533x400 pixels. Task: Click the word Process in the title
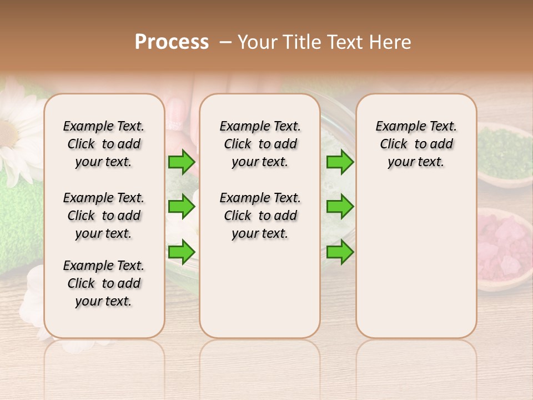pyautogui.click(x=172, y=42)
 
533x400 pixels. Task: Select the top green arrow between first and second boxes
pyautogui.click(x=182, y=162)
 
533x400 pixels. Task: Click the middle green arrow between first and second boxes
pyautogui.click(x=182, y=207)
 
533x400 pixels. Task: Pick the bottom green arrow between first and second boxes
pyautogui.click(x=182, y=252)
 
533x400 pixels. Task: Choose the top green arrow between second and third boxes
pyautogui.click(x=340, y=162)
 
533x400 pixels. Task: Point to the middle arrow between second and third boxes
pyautogui.click(x=340, y=207)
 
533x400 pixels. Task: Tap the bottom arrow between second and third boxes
pyautogui.click(x=340, y=252)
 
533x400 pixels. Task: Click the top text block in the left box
pyautogui.click(x=104, y=144)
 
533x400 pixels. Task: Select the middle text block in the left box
pyautogui.click(x=104, y=216)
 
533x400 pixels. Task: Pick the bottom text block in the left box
pyautogui.click(x=104, y=283)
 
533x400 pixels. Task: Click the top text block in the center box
pyautogui.click(x=260, y=144)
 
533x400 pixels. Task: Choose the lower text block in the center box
pyautogui.click(x=260, y=216)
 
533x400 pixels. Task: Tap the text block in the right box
pyautogui.click(x=416, y=144)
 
